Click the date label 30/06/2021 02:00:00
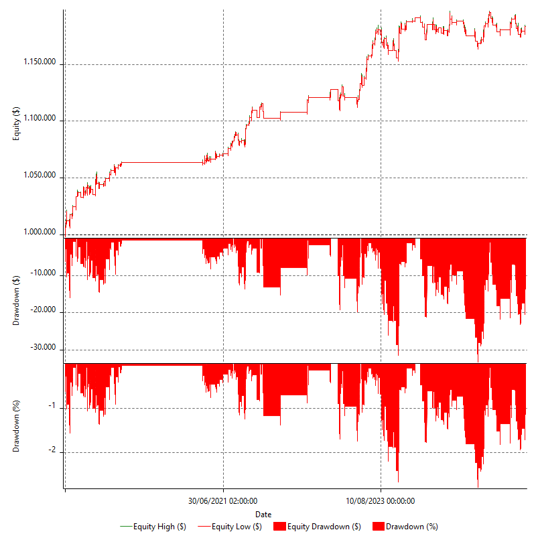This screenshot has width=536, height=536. point(223,500)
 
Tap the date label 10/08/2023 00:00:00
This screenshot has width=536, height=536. point(381,500)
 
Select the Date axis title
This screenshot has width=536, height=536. point(263,514)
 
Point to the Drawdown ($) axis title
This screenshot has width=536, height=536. point(17,299)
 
